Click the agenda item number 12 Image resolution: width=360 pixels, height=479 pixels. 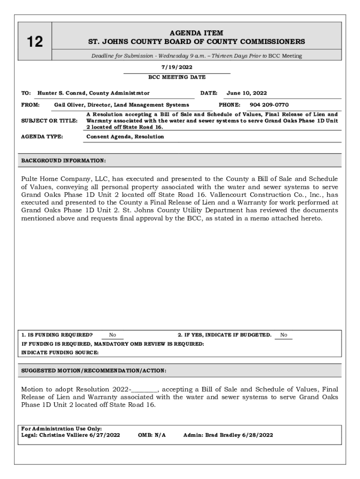(34, 42)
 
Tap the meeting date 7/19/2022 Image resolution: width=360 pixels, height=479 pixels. (177, 67)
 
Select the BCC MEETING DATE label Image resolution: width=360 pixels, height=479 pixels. (177, 77)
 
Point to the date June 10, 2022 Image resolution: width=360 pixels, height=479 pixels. (246, 93)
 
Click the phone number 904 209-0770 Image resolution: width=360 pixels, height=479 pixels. (269, 105)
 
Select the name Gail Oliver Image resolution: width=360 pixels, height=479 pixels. (66, 105)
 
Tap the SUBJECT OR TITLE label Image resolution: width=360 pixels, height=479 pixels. (50, 121)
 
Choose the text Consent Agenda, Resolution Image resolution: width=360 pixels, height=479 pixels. (125, 137)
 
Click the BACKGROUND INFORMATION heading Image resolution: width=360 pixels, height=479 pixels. (64, 161)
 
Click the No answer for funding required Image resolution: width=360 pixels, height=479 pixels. (113, 335)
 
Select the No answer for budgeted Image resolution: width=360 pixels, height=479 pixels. (283, 335)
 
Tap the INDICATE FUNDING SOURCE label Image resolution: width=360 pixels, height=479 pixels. (60, 353)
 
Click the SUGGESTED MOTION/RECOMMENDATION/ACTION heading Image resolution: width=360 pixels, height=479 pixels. (94, 370)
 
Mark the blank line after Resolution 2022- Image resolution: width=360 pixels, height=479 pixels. (144, 389)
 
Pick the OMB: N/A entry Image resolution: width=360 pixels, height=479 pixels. (152, 435)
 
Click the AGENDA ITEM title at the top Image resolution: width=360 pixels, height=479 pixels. (196, 33)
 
